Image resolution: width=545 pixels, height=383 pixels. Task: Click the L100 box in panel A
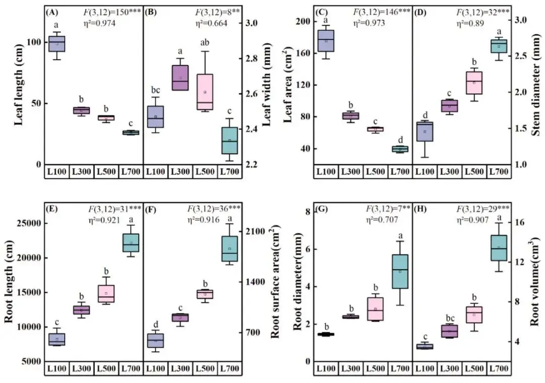(57, 44)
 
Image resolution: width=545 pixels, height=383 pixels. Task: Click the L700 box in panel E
(131, 242)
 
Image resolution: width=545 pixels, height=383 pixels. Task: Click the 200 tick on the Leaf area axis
(301, 21)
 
